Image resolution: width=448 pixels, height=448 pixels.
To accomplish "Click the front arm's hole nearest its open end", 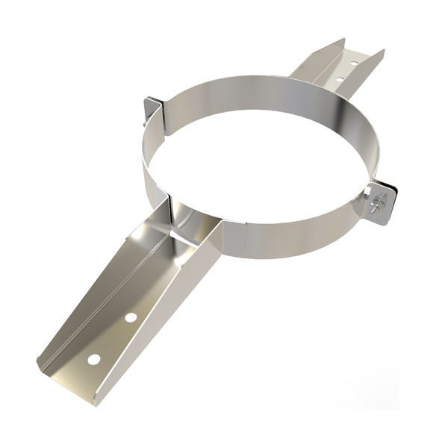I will tap(93, 359).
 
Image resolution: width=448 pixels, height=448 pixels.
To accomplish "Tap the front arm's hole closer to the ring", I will tap(131, 317).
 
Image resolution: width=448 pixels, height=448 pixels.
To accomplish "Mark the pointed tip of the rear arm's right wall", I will tap(382, 52).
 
